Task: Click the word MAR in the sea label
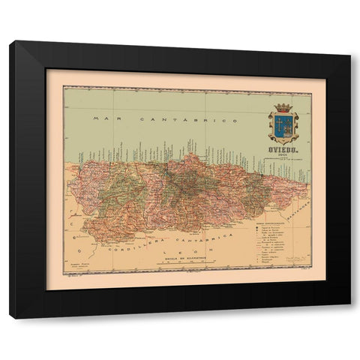[100, 119]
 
